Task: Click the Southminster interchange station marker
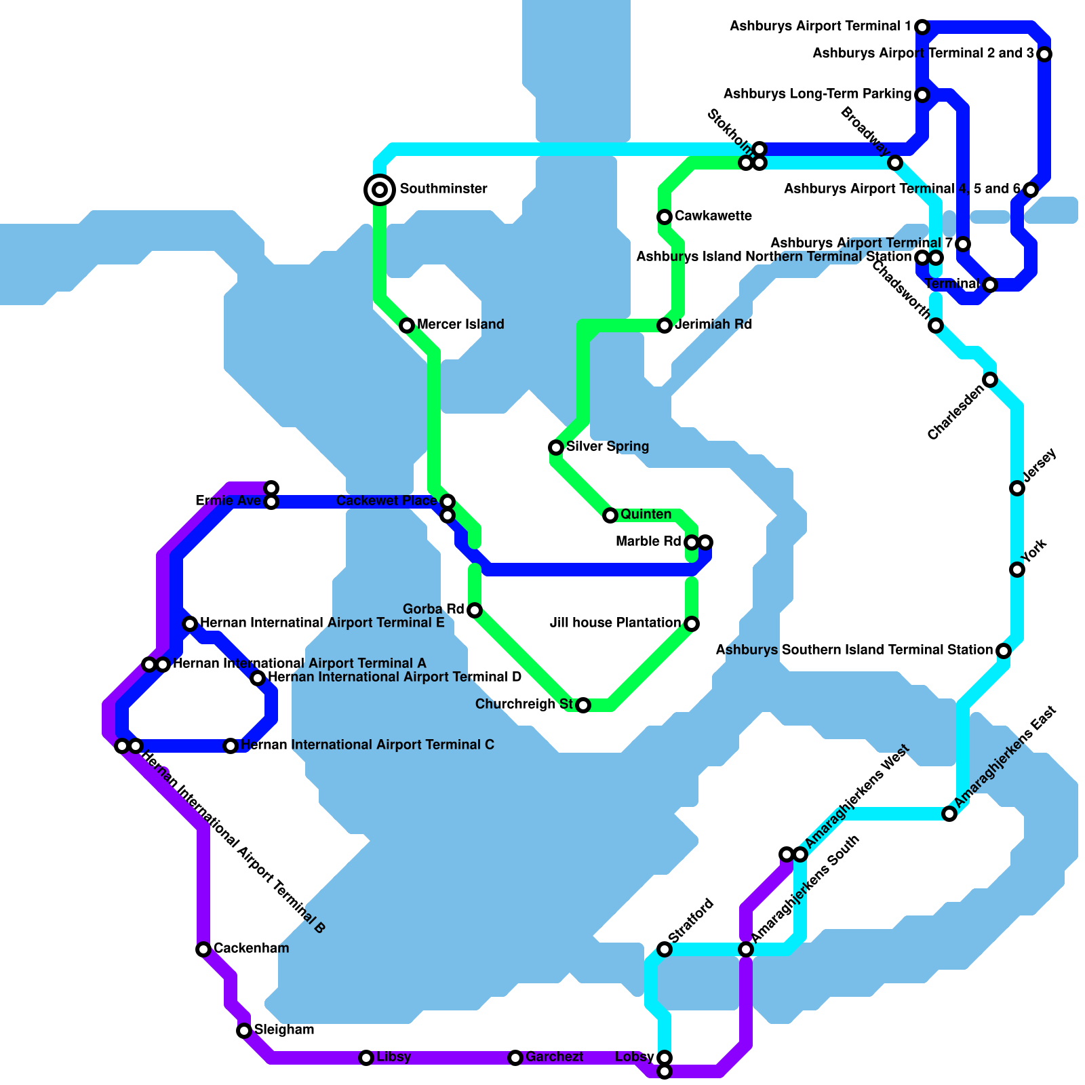pos(380,189)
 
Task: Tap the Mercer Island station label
pos(460,325)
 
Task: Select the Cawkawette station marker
pos(665,217)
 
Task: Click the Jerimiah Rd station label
pos(713,325)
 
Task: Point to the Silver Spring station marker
pos(556,448)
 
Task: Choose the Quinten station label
pos(646,515)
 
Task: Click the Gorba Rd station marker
pos(475,610)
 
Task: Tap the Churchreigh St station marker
pos(583,705)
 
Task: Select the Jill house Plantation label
pos(615,623)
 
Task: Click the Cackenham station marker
pos(203,949)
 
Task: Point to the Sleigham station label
pos(284,1030)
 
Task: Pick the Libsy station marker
pos(366,1058)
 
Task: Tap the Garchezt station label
pos(554,1057)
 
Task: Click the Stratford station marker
pos(665,949)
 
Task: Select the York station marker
pos(1017,570)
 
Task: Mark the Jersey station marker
pos(1017,488)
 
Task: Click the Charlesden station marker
pos(990,380)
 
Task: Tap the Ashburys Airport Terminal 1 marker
pos(922,27)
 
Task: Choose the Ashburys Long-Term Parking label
pos(817,94)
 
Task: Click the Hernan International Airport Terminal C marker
pos(231,746)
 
